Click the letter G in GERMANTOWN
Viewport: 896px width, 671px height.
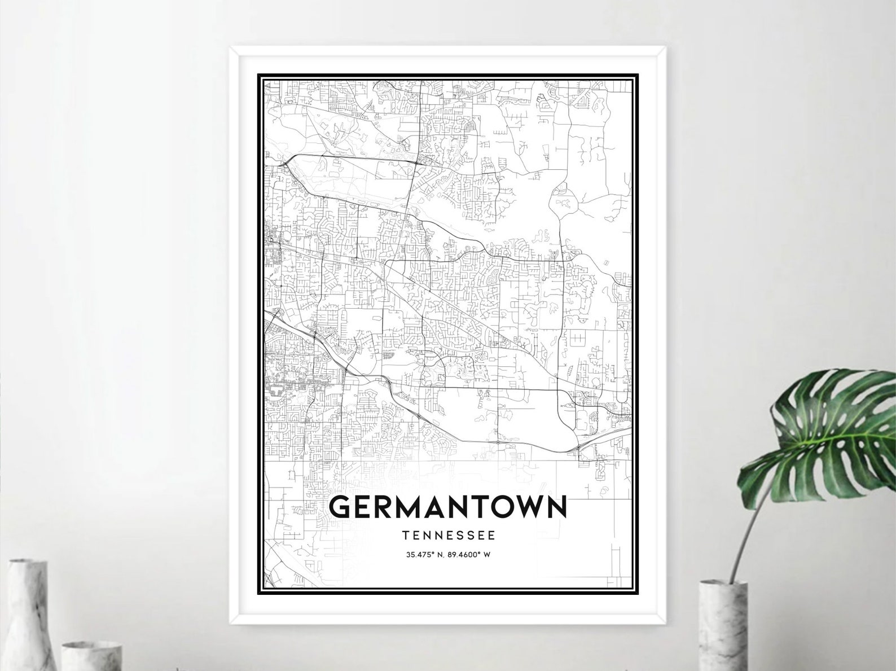[342, 507]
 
